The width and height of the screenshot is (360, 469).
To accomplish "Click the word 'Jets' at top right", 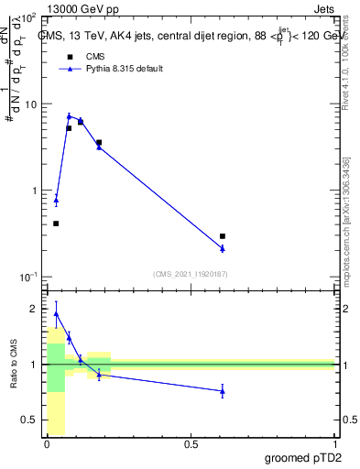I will [x=324, y=8].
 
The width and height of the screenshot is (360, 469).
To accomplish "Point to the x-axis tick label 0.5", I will [x=191, y=444].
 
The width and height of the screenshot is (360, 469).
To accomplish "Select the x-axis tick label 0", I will [x=47, y=444].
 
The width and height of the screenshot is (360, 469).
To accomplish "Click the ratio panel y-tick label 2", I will [x=34, y=309].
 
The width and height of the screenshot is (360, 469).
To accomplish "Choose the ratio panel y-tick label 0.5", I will [x=30, y=420].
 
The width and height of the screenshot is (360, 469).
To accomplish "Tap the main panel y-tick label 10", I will [x=29, y=104].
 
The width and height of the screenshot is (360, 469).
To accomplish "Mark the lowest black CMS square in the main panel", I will [x=56, y=224].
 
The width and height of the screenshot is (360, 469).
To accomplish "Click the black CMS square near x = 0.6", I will [x=223, y=236].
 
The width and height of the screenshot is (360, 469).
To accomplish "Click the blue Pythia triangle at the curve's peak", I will [x=69, y=116].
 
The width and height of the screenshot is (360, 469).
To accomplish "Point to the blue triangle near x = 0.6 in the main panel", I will [x=223, y=248].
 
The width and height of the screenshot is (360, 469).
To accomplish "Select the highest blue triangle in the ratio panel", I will [x=56, y=313].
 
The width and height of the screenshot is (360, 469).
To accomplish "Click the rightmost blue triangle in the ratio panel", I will [x=223, y=391].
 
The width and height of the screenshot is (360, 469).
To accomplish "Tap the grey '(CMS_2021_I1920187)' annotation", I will [x=191, y=273].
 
